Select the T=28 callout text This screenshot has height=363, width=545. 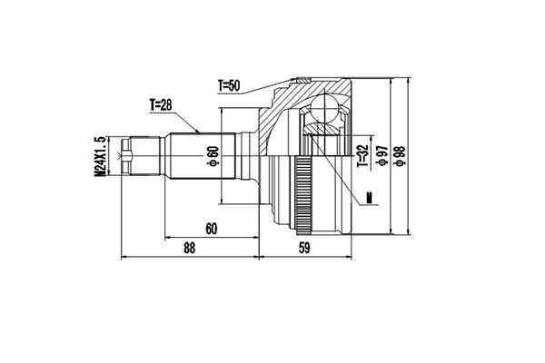[161, 104]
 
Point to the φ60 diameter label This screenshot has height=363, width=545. [212, 156]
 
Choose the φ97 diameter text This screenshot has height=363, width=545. [384, 156]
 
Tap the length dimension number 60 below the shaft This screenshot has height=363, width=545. [211, 229]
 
